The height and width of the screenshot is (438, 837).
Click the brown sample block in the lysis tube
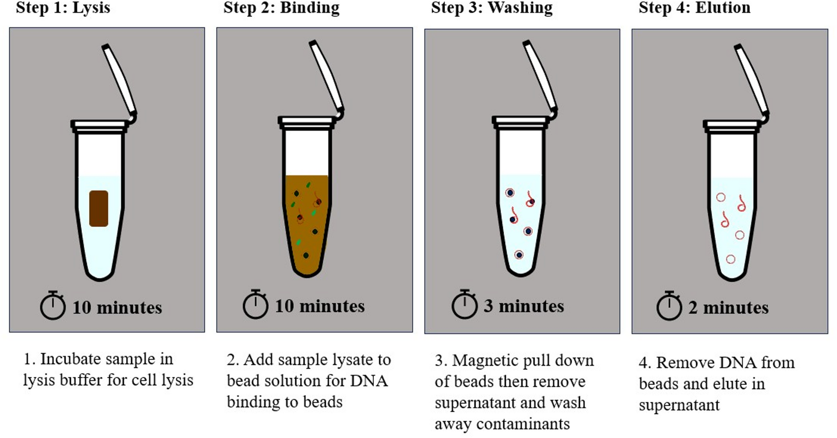(x=99, y=209)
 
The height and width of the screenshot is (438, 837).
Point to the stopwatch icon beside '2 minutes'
(x=669, y=307)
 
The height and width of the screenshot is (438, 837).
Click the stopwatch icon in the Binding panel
(x=256, y=305)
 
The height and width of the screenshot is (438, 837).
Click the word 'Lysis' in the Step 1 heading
(x=91, y=7)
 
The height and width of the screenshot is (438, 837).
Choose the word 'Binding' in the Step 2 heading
(x=310, y=7)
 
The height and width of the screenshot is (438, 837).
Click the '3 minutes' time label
(x=524, y=306)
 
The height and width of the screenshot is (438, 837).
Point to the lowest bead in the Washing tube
(x=519, y=255)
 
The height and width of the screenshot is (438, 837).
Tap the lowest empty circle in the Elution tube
(x=730, y=259)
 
